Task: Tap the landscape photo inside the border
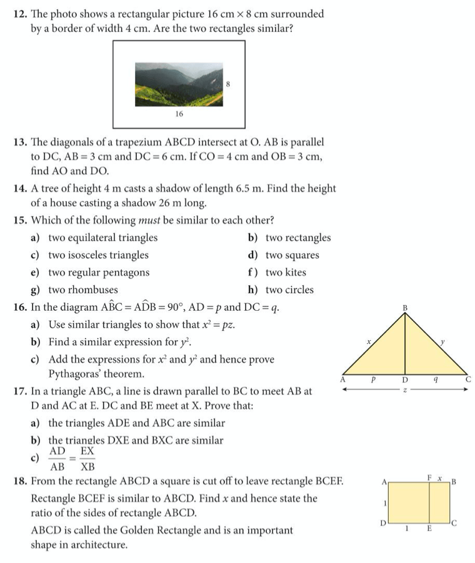pos(179,84)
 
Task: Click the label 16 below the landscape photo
pos(179,114)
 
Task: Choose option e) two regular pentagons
pos(91,272)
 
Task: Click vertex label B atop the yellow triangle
pos(404,307)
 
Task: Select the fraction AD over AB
pos(57,459)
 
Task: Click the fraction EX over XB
pos(87,459)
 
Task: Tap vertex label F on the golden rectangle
pos(429,477)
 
